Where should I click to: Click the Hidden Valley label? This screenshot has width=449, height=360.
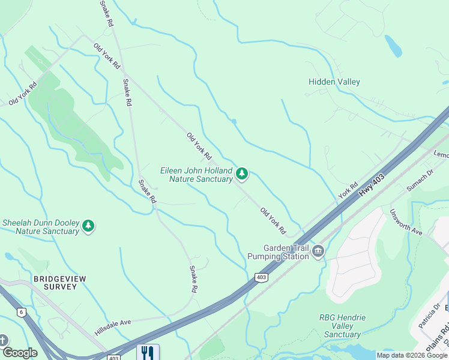(334, 82)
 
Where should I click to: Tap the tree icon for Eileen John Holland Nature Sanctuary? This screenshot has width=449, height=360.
(242, 174)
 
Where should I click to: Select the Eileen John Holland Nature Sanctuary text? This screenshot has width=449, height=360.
(196, 175)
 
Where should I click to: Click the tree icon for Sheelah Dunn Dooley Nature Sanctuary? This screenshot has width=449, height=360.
(89, 226)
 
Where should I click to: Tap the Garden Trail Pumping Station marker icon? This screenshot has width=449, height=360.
(318, 251)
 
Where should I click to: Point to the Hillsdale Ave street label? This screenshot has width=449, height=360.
(112, 327)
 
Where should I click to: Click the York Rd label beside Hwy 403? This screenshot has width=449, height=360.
(348, 191)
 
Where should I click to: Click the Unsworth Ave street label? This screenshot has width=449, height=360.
(406, 222)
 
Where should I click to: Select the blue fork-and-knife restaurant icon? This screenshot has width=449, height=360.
(148, 352)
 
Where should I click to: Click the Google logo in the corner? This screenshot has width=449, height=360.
(19, 353)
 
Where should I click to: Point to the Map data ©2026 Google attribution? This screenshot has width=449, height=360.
(412, 355)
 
